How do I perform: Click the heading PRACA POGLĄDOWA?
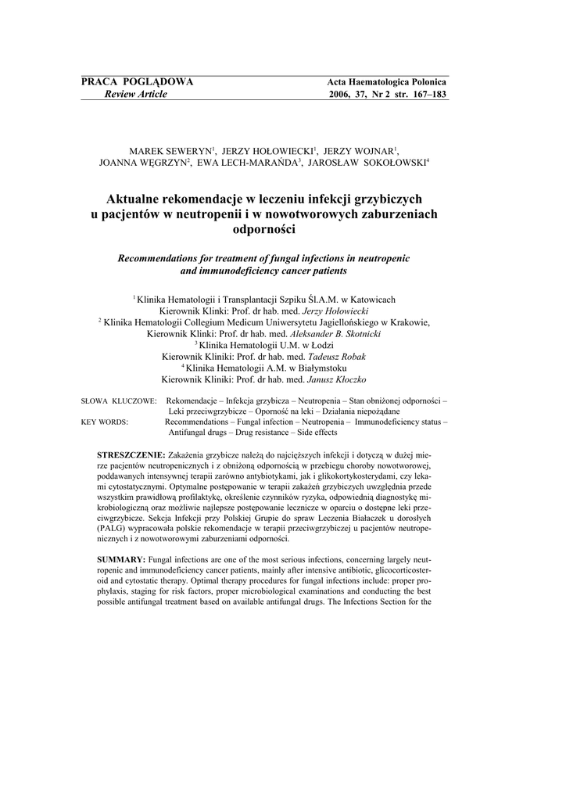click(137, 82)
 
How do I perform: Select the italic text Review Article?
click(131, 95)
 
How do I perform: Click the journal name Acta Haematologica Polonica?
click(386, 83)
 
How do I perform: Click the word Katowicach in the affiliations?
click(368, 299)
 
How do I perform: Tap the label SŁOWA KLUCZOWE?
click(119, 400)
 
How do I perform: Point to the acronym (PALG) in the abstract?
click(109, 530)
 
